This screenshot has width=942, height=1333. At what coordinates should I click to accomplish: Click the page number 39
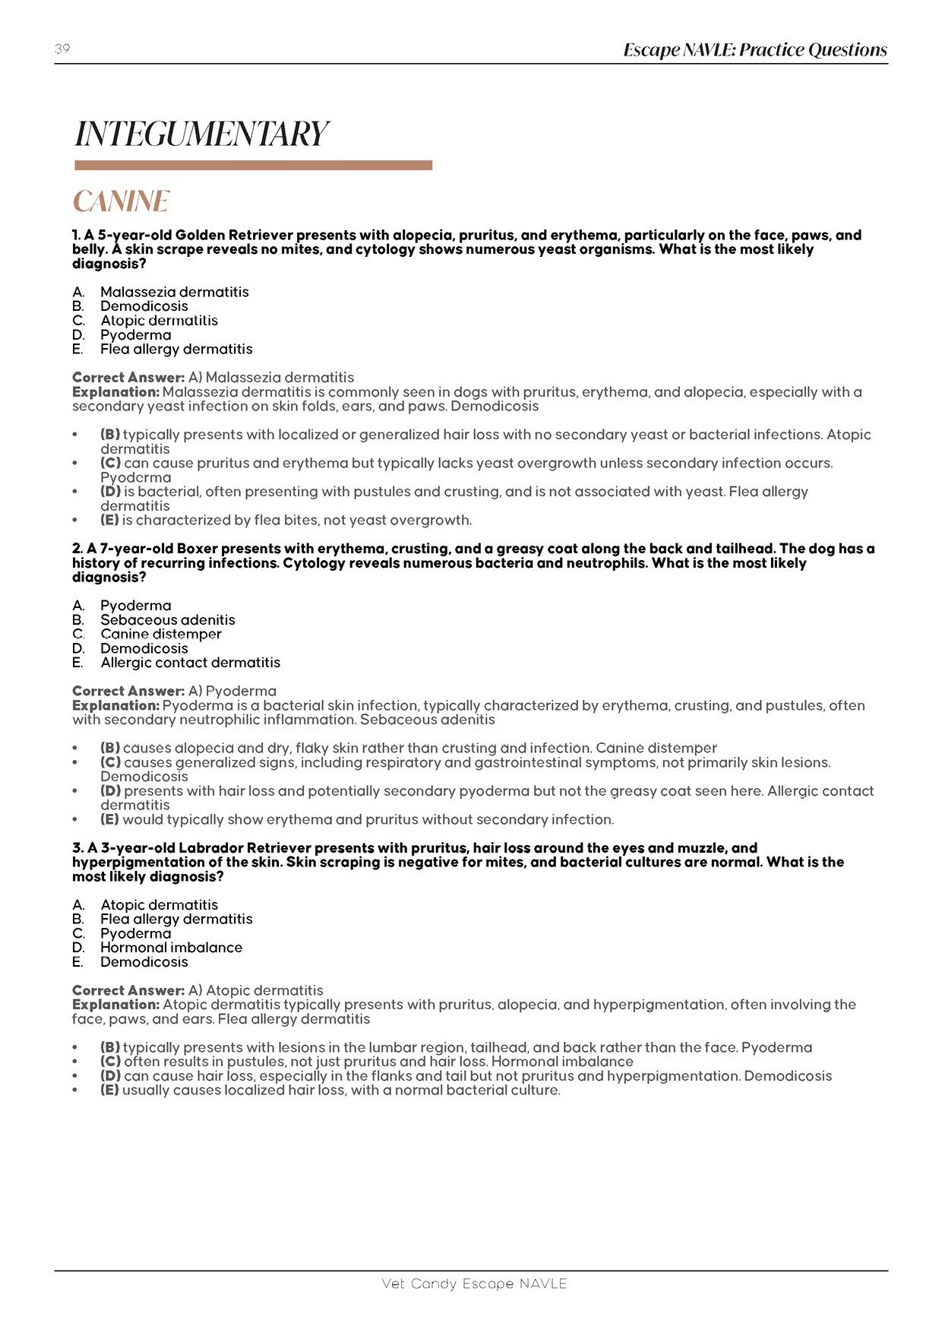pyautogui.click(x=62, y=49)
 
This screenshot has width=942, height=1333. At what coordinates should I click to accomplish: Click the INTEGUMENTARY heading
pyautogui.click(x=201, y=134)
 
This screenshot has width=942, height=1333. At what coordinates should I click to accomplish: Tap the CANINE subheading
pyautogui.click(x=121, y=201)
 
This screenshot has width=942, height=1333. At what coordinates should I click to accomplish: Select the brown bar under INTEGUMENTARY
pyautogui.click(x=253, y=165)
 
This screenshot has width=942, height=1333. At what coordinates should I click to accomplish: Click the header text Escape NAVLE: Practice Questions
pyautogui.click(x=754, y=50)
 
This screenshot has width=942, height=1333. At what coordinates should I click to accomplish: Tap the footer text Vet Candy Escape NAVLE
pyautogui.click(x=474, y=1284)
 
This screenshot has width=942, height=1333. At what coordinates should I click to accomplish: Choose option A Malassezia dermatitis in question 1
pyautogui.click(x=174, y=292)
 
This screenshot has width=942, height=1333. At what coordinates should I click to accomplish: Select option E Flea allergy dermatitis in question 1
pyautogui.click(x=175, y=349)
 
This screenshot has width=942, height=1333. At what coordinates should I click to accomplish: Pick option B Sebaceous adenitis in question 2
pyautogui.click(x=167, y=620)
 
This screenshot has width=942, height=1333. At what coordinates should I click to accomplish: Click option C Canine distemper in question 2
pyautogui.click(x=161, y=634)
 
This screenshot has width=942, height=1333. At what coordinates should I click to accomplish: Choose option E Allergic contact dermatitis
pyautogui.click(x=190, y=663)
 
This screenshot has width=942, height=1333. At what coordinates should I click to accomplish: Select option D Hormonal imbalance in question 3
pyautogui.click(x=171, y=948)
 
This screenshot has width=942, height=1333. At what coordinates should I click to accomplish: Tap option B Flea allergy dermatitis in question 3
pyautogui.click(x=175, y=919)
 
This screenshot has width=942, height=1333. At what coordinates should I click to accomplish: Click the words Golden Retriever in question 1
pyautogui.click(x=233, y=236)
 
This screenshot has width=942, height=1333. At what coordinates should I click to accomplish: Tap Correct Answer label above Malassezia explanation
pyautogui.click(x=128, y=378)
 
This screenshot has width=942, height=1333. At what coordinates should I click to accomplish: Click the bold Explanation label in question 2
pyautogui.click(x=115, y=705)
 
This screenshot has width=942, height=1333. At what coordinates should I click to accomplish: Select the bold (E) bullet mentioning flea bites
pyautogui.click(x=110, y=521)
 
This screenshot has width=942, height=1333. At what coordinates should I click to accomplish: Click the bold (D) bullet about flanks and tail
pyautogui.click(x=110, y=1076)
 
